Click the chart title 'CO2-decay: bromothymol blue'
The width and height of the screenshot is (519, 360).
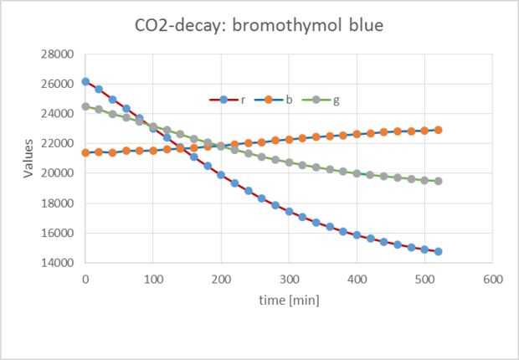pyautogui.click(x=259, y=25)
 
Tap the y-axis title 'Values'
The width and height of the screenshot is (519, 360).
pyautogui.click(x=28, y=158)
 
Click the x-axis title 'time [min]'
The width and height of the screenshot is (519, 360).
pyautogui.click(x=289, y=298)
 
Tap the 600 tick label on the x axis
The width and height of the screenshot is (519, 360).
pyautogui.click(x=492, y=277)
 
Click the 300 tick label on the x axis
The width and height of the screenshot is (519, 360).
pyautogui.click(x=289, y=277)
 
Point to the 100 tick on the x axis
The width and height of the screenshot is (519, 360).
pyautogui.click(x=153, y=277)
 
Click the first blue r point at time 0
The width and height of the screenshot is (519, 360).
pyautogui.click(x=85, y=81)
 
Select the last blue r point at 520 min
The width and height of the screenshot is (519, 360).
pyautogui.click(x=438, y=251)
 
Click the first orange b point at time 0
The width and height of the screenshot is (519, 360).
pyautogui.click(x=85, y=152)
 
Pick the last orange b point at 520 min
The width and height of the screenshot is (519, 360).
pyautogui.click(x=438, y=130)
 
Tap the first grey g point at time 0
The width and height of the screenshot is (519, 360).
pyautogui.click(x=85, y=106)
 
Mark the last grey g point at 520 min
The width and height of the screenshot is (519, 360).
pyautogui.click(x=438, y=181)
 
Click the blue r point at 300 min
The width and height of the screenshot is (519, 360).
pyautogui.click(x=289, y=211)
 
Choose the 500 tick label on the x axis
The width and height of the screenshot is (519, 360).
pyautogui.click(x=424, y=277)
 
